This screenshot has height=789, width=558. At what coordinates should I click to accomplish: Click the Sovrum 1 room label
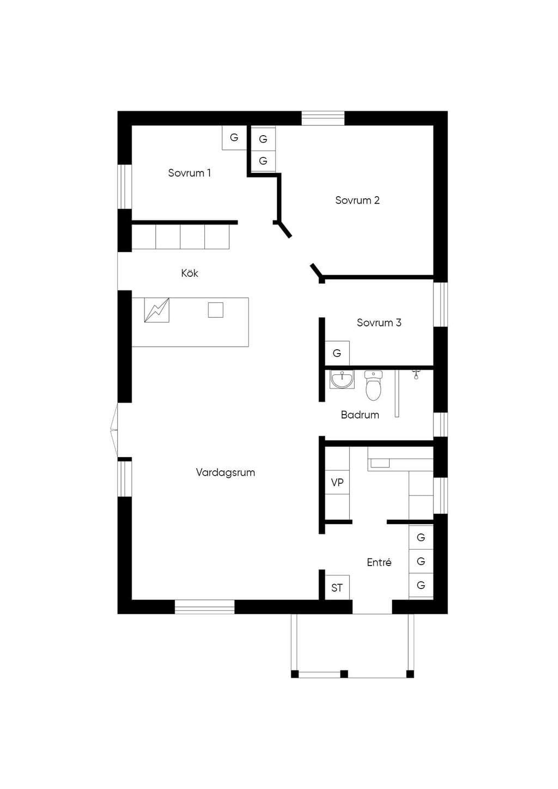click(x=189, y=173)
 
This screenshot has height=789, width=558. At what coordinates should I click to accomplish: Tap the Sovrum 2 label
click(x=357, y=200)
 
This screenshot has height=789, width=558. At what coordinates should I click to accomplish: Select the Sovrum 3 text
click(x=379, y=322)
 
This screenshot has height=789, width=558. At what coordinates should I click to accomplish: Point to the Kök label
click(x=190, y=273)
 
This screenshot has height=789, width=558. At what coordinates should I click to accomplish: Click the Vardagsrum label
click(x=226, y=472)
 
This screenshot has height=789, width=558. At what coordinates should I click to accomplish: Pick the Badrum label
click(x=360, y=415)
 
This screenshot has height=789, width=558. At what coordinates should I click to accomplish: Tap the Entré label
click(x=379, y=562)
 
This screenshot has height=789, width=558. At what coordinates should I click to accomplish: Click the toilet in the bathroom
click(x=373, y=385)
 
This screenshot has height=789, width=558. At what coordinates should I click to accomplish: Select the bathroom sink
click(x=342, y=379)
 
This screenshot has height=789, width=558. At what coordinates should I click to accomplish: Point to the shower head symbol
click(x=416, y=375)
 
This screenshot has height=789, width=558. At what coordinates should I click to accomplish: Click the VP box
click(x=337, y=482)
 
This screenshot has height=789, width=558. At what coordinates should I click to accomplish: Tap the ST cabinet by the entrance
click(x=337, y=587)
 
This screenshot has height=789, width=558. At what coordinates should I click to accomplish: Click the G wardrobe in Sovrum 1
click(x=234, y=137)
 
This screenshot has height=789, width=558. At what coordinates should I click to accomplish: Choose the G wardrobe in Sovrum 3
click(x=337, y=353)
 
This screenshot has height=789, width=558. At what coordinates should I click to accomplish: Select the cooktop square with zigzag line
click(x=157, y=310)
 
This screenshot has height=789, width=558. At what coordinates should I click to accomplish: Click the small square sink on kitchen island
click(x=215, y=310)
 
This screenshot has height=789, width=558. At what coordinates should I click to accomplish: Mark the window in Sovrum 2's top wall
click(x=323, y=118)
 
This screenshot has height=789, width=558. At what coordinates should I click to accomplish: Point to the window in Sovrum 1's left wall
click(x=124, y=186)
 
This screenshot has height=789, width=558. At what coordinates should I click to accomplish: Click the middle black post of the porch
click(x=344, y=674)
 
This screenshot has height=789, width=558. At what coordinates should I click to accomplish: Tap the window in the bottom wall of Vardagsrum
click(x=205, y=607)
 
